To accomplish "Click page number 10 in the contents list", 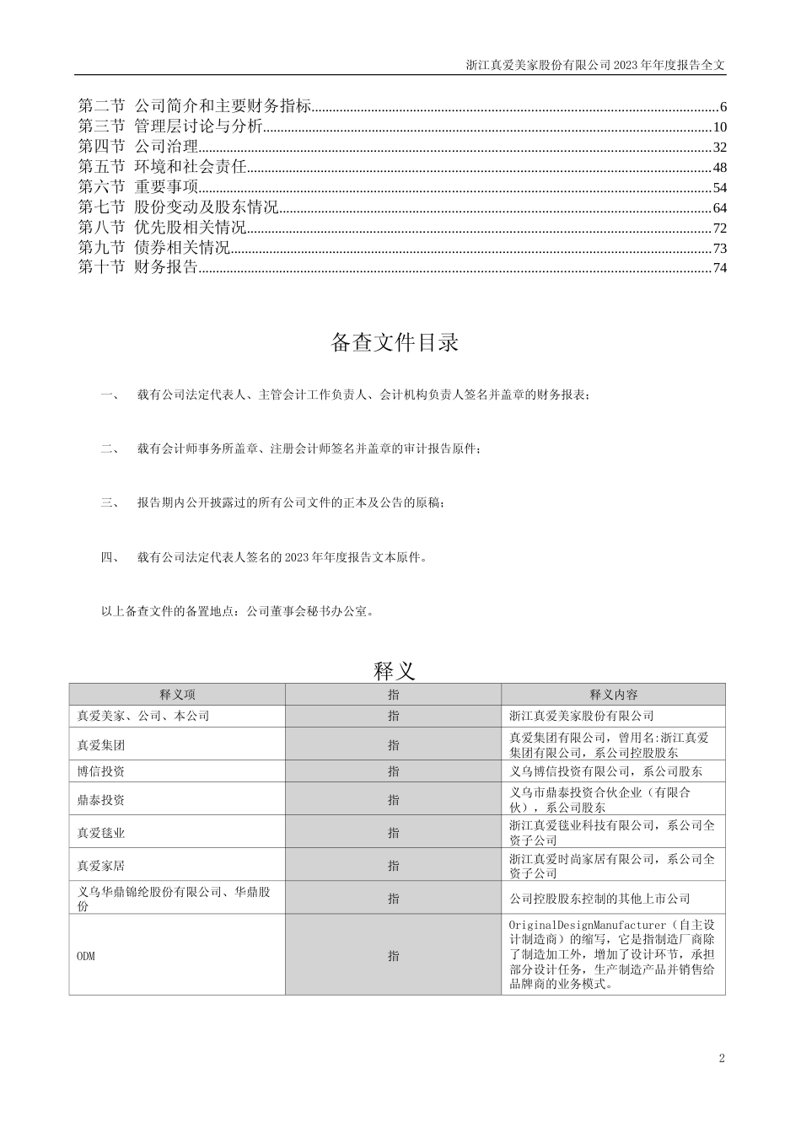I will pos(719,127).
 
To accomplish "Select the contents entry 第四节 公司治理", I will pos(138,148).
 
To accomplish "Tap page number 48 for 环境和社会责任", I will pos(719,168).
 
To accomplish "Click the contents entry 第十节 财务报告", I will pos(138,268).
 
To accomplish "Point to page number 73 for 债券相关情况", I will pos(719,248).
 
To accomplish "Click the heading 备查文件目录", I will pos(395,343).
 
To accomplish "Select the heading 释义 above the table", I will pos(395,670).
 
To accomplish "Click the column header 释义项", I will pos(177,695).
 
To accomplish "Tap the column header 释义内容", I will pos(613,695).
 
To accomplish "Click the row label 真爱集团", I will pos(101,745).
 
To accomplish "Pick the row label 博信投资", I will pos(101,771).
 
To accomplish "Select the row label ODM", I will pos(85,956).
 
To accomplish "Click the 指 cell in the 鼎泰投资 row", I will pos(394,799).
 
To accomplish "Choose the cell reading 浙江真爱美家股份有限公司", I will pos(582,716).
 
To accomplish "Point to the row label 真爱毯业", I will pos(101,832).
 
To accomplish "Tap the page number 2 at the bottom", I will pos(722,1059).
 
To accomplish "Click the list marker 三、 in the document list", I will pos(110,502).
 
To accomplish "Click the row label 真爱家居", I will pos(101,865).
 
